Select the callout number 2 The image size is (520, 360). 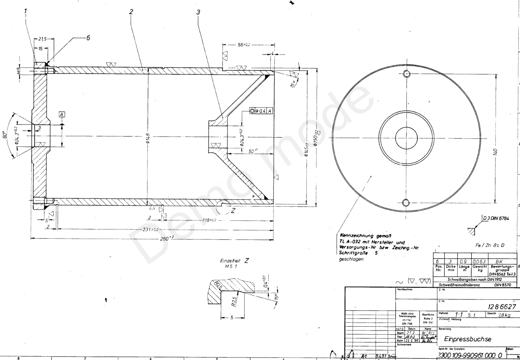(131, 12)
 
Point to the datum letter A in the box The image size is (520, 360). (62, 114)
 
